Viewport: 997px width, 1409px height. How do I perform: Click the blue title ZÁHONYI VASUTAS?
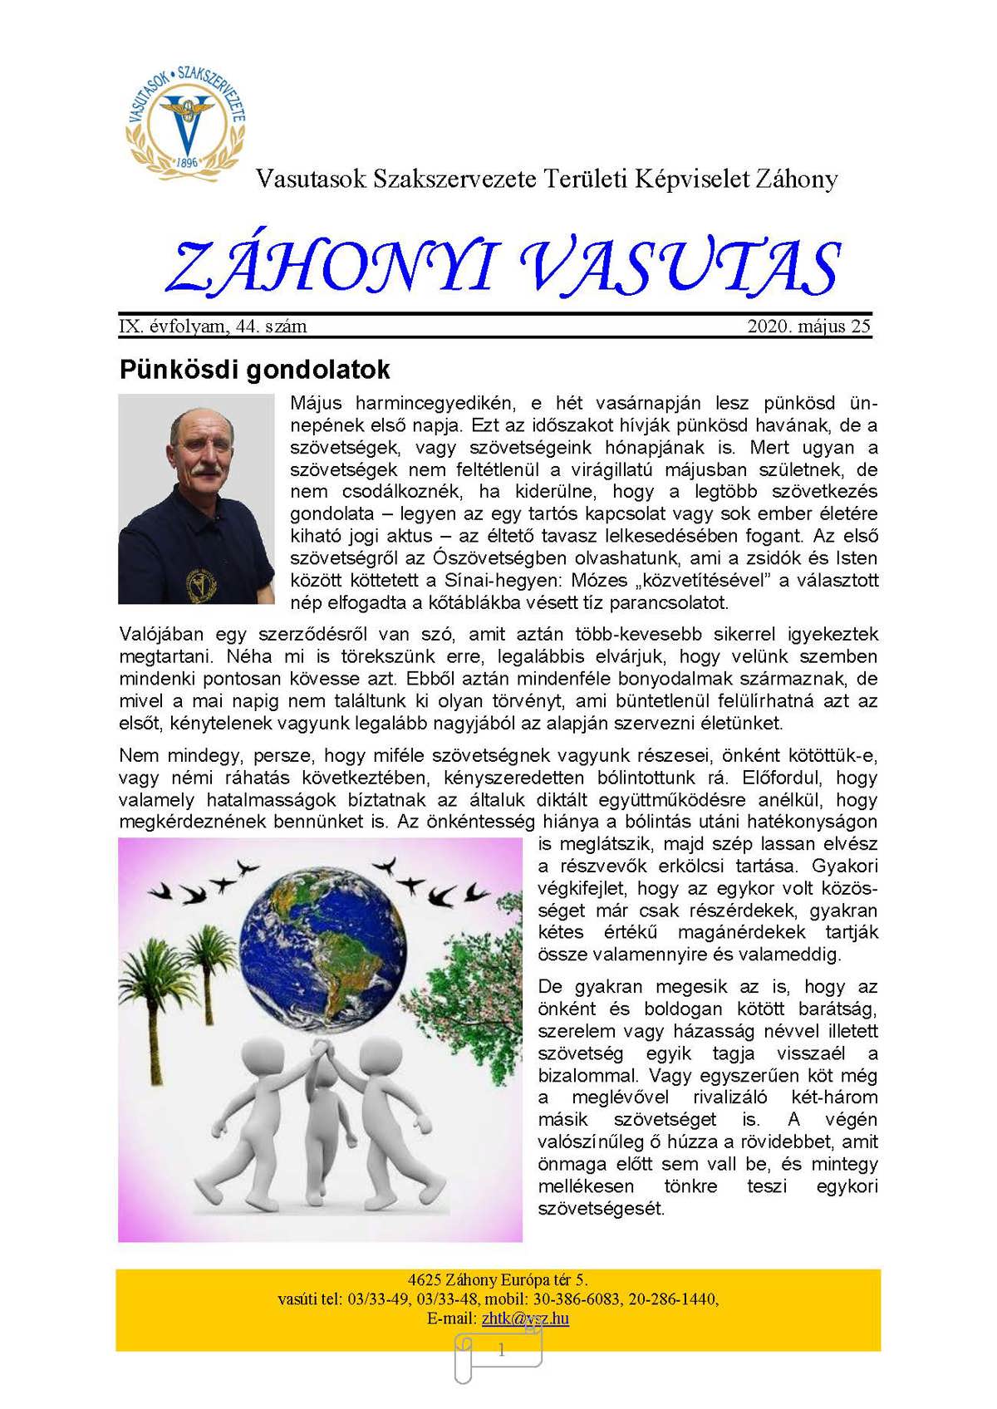click(x=503, y=268)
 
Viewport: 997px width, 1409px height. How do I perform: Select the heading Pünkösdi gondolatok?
click(x=254, y=369)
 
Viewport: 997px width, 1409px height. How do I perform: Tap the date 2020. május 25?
click(x=808, y=326)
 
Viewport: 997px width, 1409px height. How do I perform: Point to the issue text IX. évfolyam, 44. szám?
click(x=214, y=326)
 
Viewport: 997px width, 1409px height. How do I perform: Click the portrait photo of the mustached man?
click(x=196, y=498)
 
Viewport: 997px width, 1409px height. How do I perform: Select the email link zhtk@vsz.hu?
click(x=525, y=1318)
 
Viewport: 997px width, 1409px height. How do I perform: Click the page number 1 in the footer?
click(x=501, y=1351)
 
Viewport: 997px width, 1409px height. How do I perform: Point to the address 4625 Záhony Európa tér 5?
click(x=498, y=1279)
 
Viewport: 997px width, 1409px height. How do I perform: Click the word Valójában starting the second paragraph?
click(x=161, y=635)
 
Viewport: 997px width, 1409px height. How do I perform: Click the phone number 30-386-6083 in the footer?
click(x=572, y=1299)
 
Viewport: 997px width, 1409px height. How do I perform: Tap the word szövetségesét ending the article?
click(x=602, y=1208)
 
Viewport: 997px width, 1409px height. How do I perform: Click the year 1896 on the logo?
click(x=187, y=162)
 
